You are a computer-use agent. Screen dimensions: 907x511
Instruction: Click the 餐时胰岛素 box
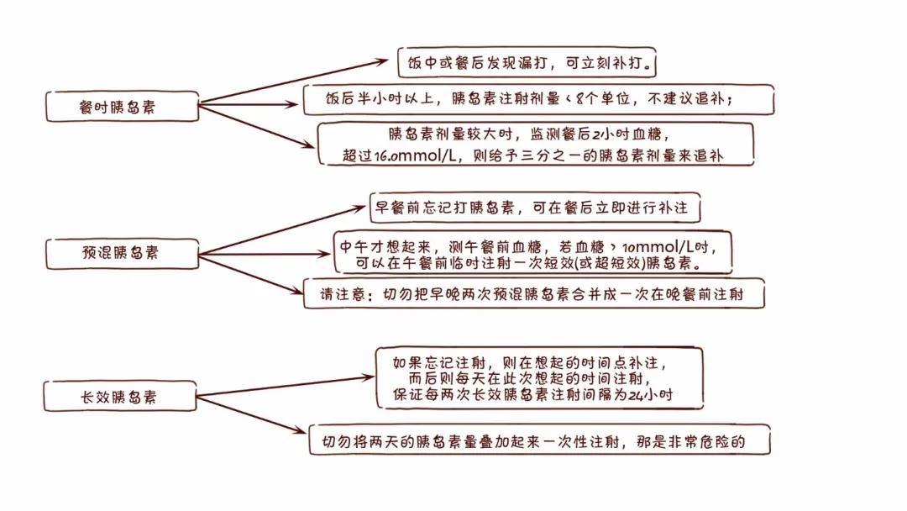(x=122, y=107)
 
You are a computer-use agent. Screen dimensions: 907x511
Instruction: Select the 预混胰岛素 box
(x=122, y=253)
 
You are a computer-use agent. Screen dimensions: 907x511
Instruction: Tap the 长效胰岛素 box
(x=120, y=397)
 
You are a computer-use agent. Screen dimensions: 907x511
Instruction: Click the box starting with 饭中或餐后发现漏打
(x=527, y=62)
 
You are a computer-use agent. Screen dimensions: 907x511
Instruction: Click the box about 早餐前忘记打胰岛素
(x=534, y=208)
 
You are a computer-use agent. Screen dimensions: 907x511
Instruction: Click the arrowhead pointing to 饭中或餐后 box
(x=382, y=61)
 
